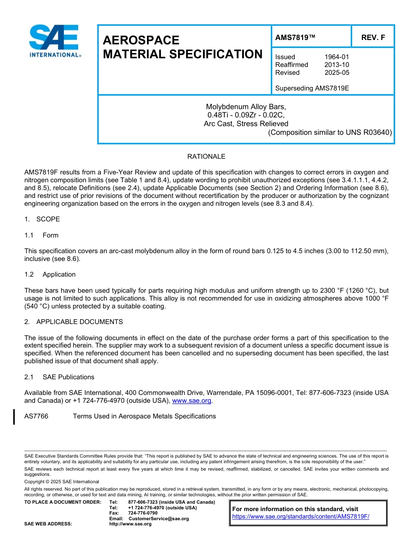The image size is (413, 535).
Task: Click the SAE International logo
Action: coord(54,41)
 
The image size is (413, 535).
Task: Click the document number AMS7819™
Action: coord(295,38)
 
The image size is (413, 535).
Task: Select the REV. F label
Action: coord(373,38)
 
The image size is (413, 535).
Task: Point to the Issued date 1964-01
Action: coord(336,57)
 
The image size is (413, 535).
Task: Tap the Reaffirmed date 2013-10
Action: coord(336,65)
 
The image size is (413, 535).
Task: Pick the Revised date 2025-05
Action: coord(336,73)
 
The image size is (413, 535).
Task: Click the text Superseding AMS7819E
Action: coord(312,88)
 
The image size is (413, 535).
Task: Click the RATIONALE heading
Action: coord(206,157)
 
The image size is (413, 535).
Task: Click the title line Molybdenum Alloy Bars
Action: coord(246,107)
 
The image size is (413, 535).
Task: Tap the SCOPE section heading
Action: coord(48,219)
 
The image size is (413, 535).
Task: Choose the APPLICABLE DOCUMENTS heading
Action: coord(80,322)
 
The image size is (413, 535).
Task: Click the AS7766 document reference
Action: coord(37,416)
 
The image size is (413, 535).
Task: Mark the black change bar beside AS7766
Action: coord(14,417)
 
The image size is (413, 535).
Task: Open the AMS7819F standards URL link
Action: coord(300,517)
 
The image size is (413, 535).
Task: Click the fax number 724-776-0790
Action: coord(143,513)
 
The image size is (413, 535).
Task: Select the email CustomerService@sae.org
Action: coord(159,518)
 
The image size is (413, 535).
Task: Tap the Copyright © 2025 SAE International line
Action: coord(62,481)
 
